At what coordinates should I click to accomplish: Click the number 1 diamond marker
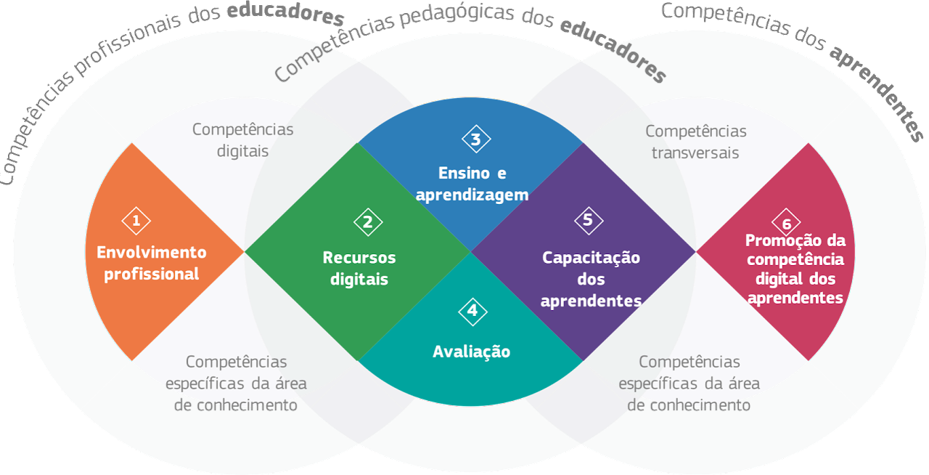pyautogui.click(x=136, y=221)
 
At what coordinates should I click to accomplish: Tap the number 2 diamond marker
pyautogui.click(x=368, y=222)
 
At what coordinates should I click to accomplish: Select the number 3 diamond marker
pyautogui.click(x=476, y=139)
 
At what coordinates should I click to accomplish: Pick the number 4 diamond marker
pyautogui.click(x=472, y=311)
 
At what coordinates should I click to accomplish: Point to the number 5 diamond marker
pyautogui.click(x=588, y=221)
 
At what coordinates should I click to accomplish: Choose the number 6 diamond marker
pyautogui.click(x=786, y=222)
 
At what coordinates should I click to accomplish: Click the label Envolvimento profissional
pyautogui.click(x=152, y=263)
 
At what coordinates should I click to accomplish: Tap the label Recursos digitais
pyautogui.click(x=359, y=268)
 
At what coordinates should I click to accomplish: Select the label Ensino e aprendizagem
pyautogui.click(x=472, y=184)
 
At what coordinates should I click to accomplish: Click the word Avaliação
pyautogui.click(x=471, y=352)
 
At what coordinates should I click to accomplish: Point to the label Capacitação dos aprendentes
pyautogui.click(x=591, y=279)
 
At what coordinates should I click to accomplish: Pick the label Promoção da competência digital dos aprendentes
pyautogui.click(x=795, y=269)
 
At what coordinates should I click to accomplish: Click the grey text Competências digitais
pyautogui.click(x=242, y=140)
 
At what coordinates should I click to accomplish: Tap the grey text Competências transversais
pyautogui.click(x=695, y=142)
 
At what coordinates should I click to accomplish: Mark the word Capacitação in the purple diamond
pyautogui.click(x=591, y=257)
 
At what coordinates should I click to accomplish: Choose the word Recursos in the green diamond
pyautogui.click(x=359, y=257)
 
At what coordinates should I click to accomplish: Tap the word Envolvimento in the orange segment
pyautogui.click(x=152, y=252)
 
